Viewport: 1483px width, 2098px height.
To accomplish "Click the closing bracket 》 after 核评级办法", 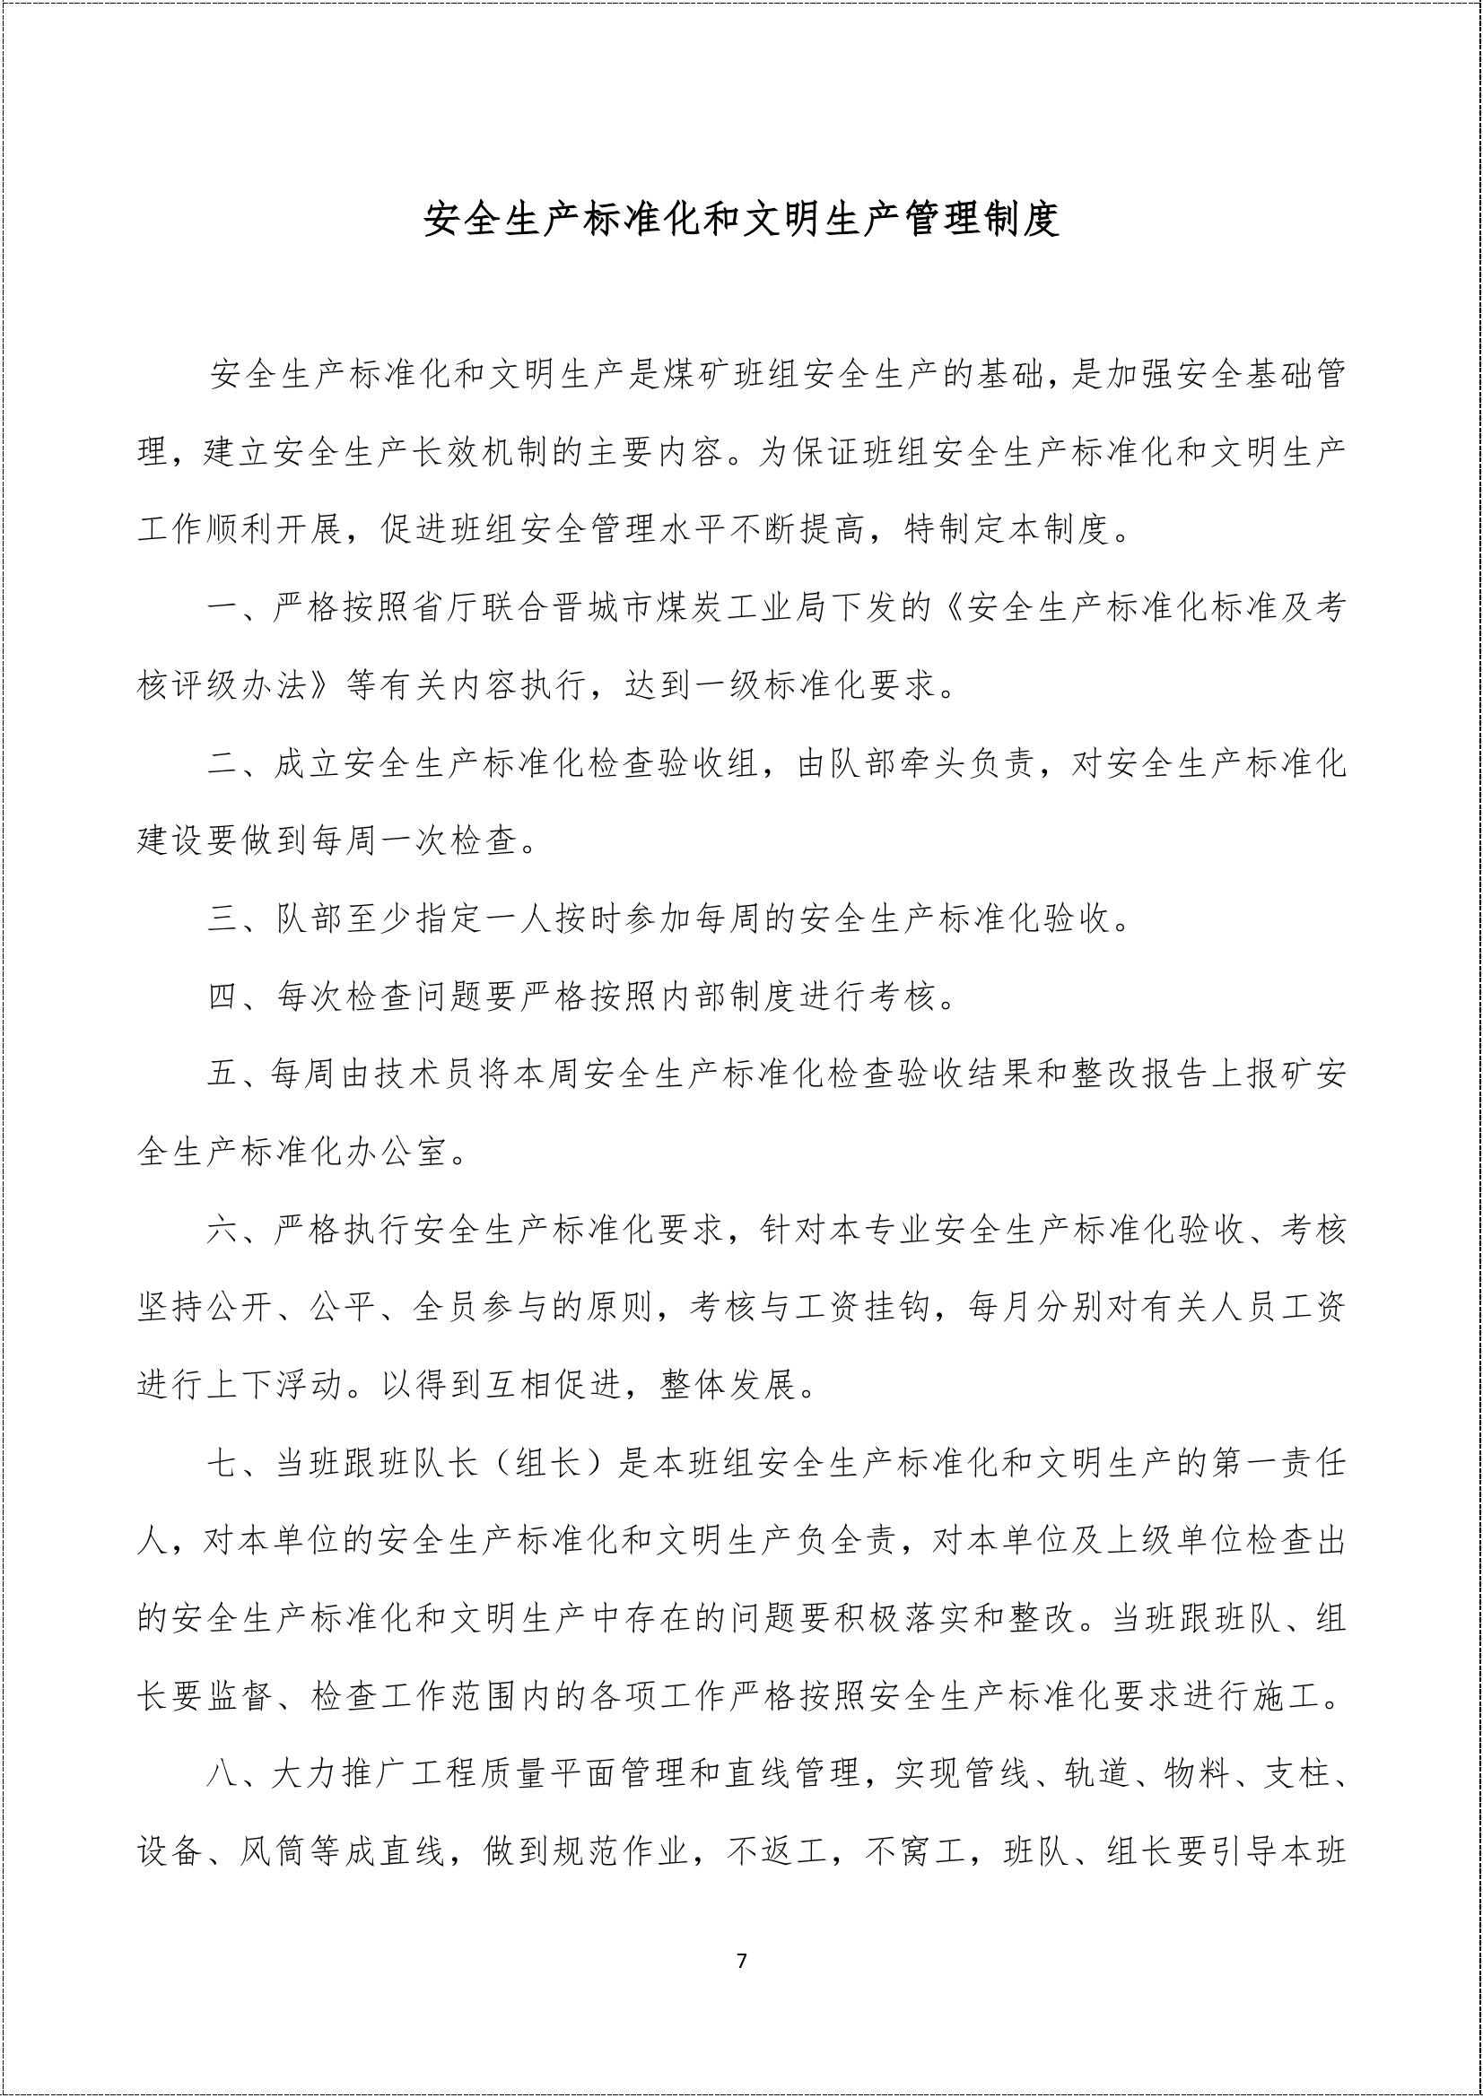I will click(x=326, y=684).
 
